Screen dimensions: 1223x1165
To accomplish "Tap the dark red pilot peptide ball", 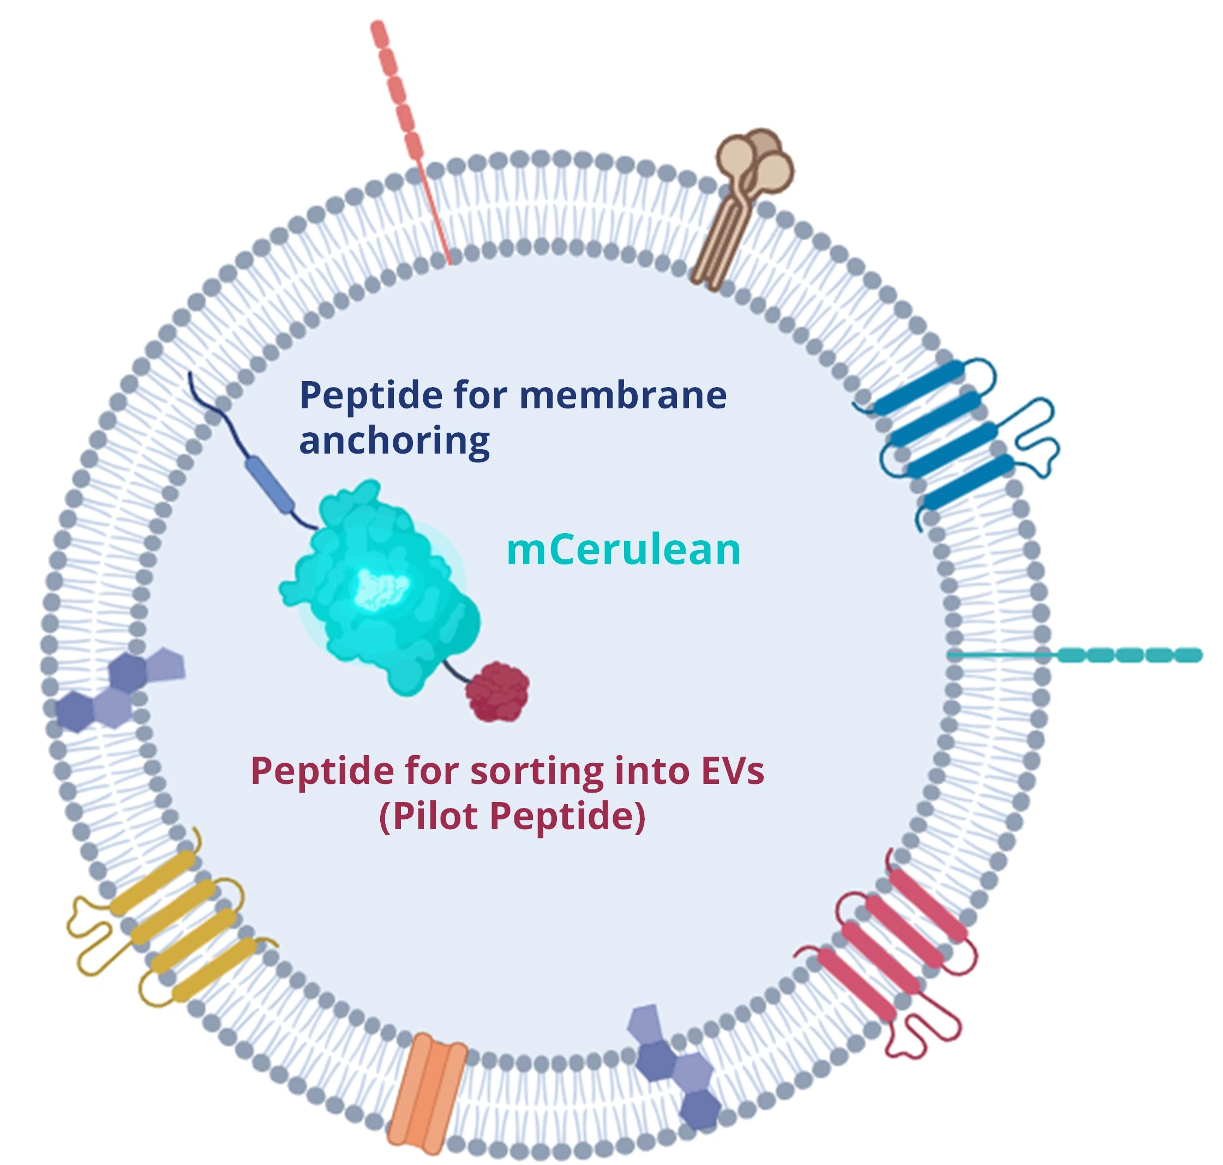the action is [497, 691].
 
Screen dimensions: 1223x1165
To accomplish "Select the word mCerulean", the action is [624, 550].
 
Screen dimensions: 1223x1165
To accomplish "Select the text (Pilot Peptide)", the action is [512, 817].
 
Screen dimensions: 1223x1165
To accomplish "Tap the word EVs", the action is [732, 771].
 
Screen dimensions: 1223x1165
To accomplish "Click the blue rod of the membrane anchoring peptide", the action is [269, 485].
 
